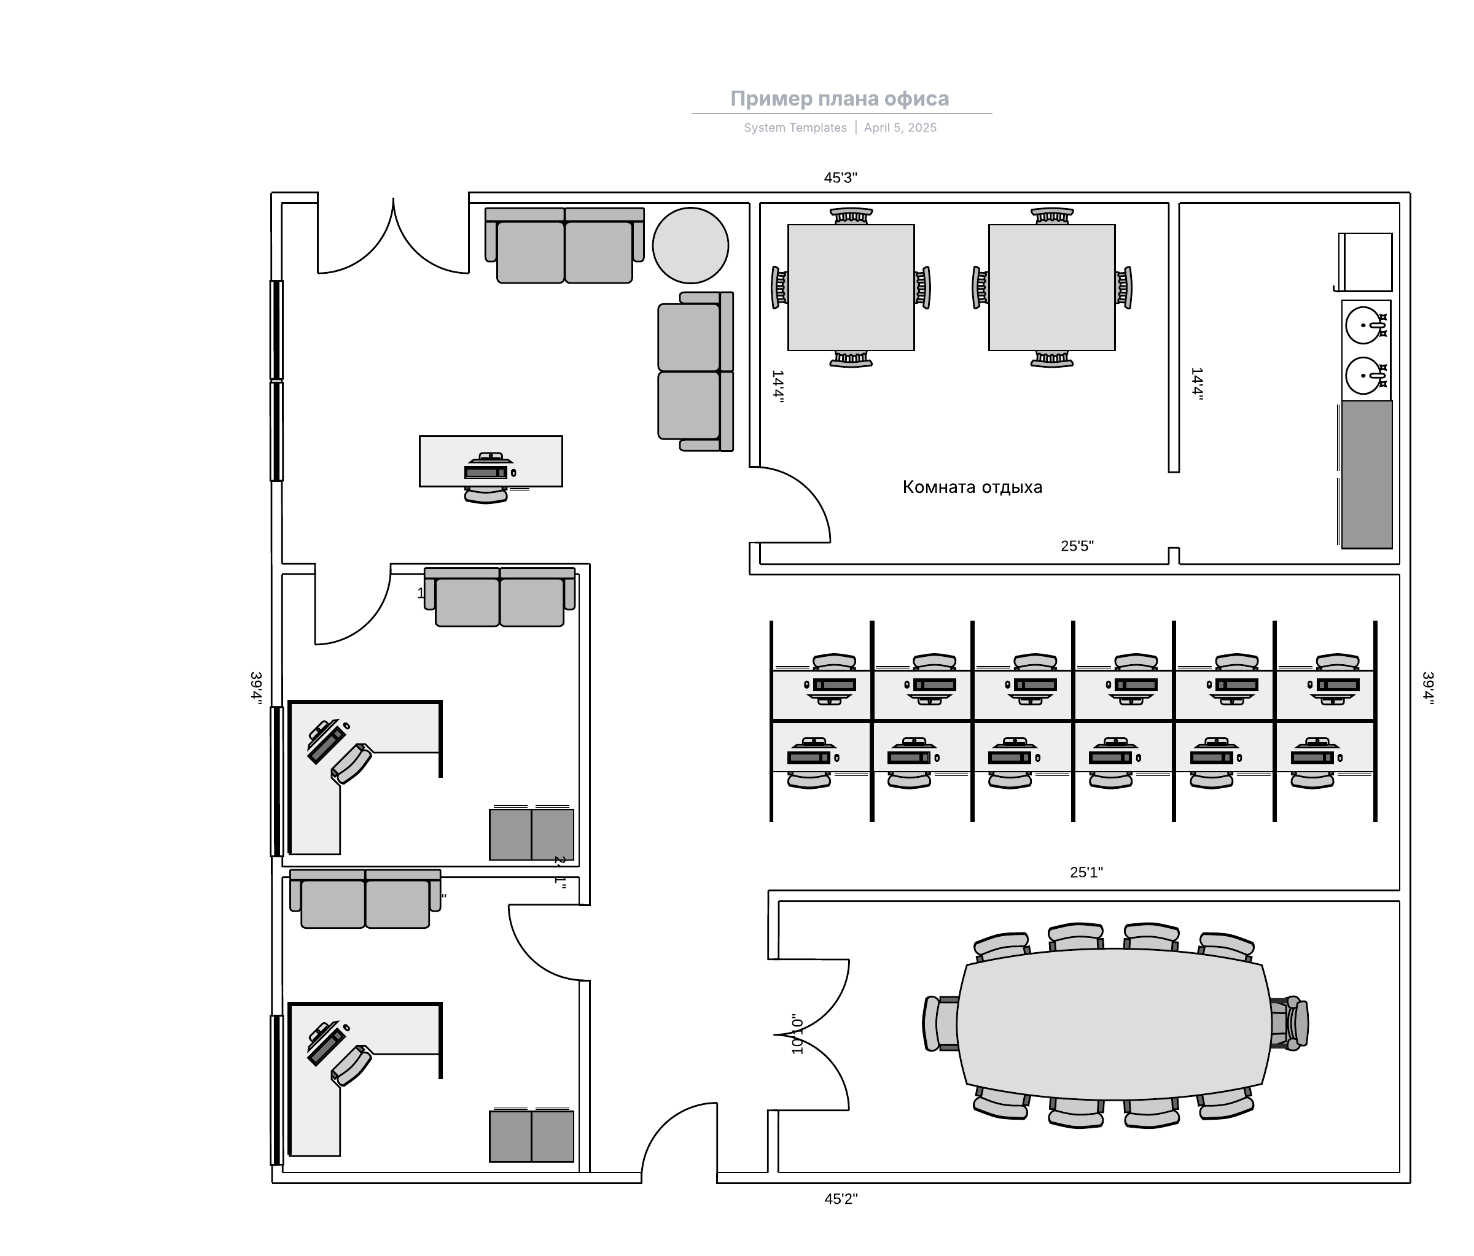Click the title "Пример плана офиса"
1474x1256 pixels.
840,99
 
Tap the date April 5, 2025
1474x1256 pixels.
900,128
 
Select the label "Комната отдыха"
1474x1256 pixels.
972,487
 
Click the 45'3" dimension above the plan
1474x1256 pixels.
840,178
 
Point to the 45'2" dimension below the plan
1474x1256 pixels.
841,1199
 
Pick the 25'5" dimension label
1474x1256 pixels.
1077,546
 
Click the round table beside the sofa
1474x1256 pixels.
690,246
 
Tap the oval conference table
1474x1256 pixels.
1113,1024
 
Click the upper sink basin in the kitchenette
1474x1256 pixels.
1363,325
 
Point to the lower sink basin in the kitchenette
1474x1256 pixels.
1363,375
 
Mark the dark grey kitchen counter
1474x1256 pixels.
1366,475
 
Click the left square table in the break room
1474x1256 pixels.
851,287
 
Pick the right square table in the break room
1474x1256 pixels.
1051,287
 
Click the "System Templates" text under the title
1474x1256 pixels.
795,128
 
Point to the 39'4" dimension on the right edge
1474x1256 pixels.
1427,688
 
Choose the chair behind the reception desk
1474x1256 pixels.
486,495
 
